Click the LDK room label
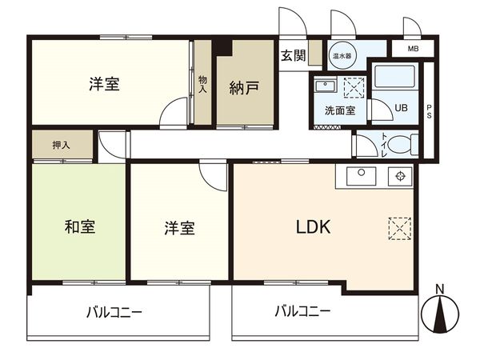314,227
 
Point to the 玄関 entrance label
293,55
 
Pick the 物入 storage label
202,83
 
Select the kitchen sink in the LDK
360,174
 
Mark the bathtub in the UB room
396,78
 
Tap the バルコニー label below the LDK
302,311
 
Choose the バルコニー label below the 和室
114,311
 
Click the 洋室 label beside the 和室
179,227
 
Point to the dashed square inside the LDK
398,227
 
